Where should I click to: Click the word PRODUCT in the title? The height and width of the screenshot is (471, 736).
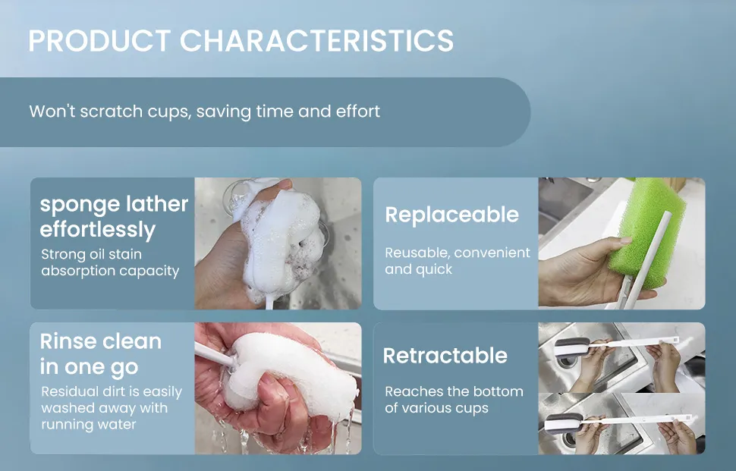pos(99,40)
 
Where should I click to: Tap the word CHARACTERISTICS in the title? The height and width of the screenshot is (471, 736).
pos(317,40)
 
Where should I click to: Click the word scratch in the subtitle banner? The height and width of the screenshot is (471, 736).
pos(112,111)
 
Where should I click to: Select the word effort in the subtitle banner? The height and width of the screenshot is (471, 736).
pos(357,111)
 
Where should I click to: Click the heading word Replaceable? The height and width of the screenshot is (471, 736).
pos(452,215)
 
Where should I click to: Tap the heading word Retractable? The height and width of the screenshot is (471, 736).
pos(445,356)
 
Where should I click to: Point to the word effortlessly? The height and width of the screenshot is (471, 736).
pos(98,230)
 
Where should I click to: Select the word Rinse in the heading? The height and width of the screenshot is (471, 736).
pos(68,341)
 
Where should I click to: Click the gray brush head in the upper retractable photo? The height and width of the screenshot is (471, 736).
pos(571,347)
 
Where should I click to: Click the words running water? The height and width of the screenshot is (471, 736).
pos(89,425)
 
